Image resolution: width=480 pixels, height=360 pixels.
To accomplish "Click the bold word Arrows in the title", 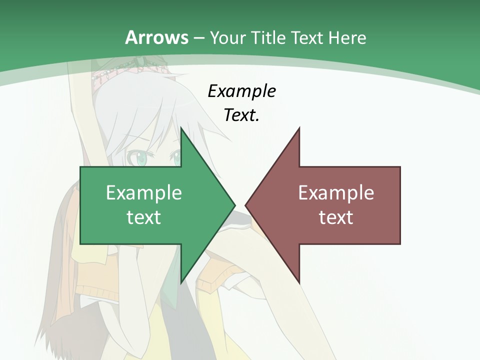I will point(156,37).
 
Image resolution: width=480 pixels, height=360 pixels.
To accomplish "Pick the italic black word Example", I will point(241,91).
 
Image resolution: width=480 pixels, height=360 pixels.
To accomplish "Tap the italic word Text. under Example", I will point(241,115).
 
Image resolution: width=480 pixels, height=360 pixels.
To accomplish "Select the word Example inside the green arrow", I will point(143,192).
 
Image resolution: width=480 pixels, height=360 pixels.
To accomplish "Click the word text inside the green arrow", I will point(143,217).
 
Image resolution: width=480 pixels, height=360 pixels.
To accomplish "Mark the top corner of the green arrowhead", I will point(181,129).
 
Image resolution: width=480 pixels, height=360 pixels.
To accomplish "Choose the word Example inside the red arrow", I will point(336,192).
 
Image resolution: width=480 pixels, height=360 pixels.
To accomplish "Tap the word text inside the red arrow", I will point(336,217).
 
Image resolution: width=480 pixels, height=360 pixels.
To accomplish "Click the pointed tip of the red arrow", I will point(246,204).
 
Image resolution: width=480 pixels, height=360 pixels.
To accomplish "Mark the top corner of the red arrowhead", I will point(299,129).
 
